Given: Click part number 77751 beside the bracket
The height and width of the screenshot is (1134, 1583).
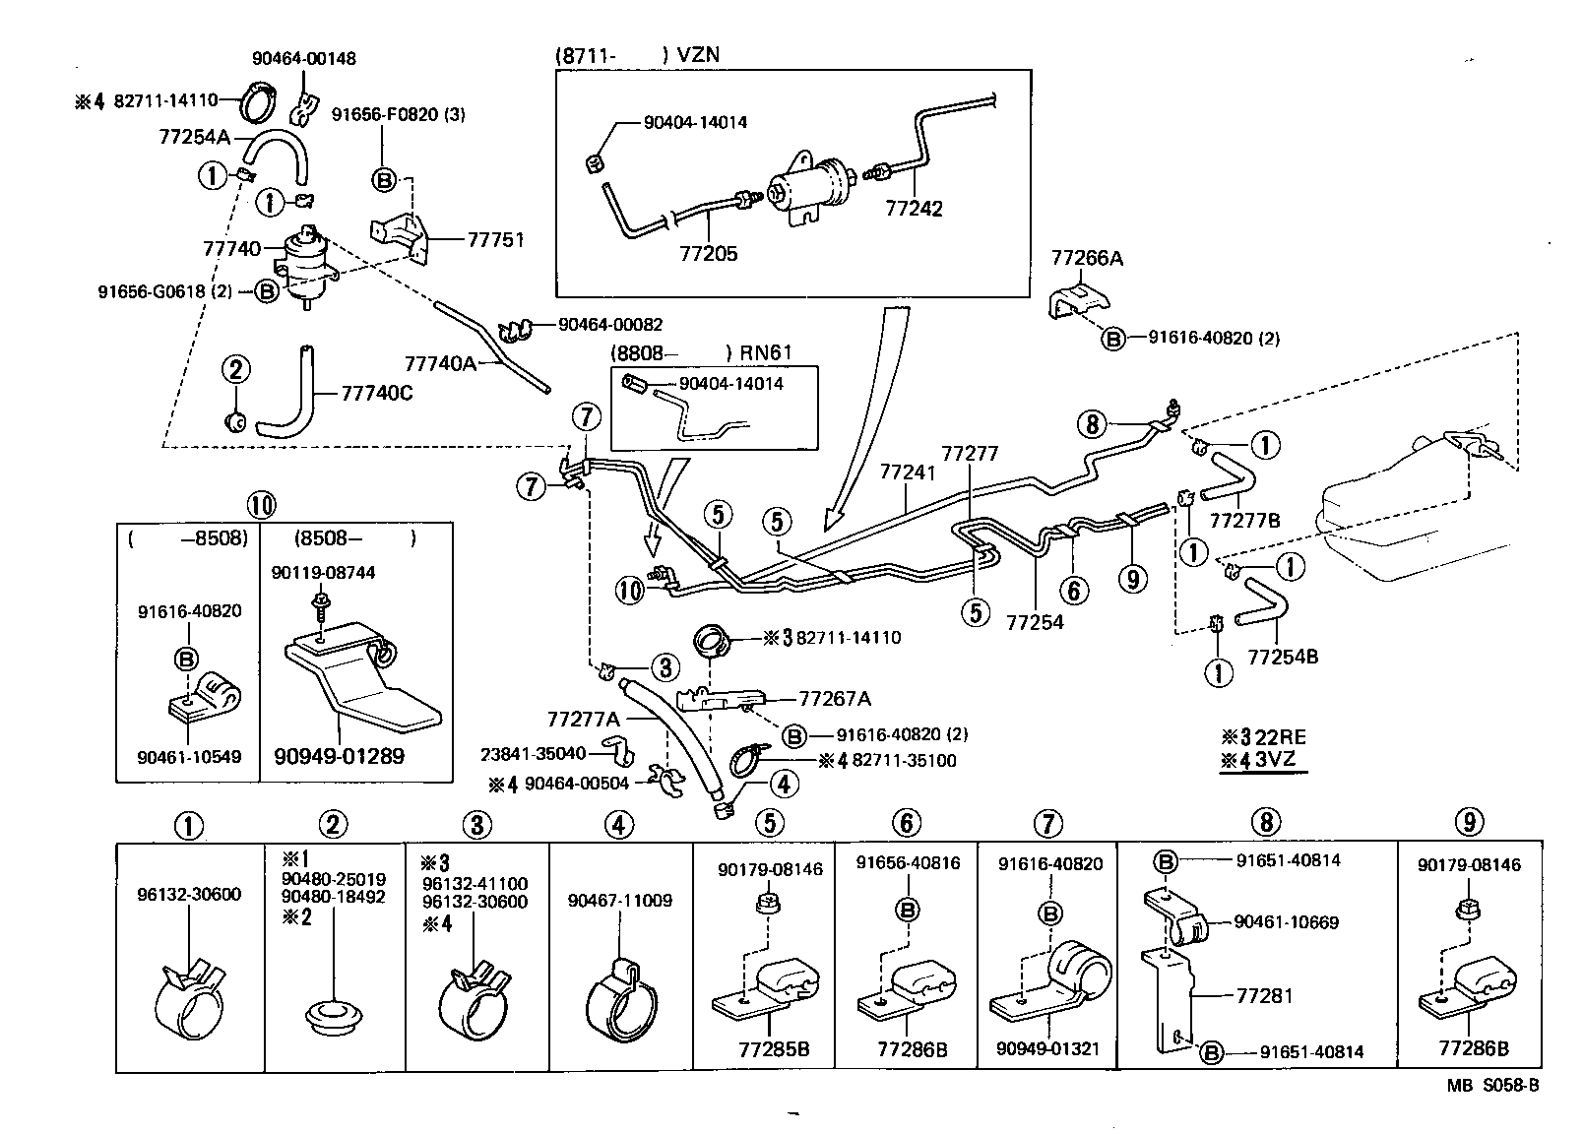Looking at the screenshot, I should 495,239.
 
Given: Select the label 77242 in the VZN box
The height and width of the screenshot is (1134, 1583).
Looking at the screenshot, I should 914,209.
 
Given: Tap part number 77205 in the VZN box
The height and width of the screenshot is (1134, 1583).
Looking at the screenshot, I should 708,254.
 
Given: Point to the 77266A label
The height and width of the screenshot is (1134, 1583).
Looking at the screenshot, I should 1087,259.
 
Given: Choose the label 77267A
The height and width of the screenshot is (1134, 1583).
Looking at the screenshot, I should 835,699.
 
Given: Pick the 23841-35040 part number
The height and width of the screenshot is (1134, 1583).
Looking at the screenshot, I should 533,754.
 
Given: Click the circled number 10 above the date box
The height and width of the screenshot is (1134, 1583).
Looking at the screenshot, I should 260,506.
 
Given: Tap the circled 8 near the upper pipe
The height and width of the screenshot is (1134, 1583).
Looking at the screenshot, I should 1091,424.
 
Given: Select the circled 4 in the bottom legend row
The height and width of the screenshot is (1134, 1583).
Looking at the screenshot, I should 618,824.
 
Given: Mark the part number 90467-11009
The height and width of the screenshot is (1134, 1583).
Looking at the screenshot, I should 620,901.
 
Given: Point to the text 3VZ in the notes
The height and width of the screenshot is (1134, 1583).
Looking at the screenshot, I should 1279,760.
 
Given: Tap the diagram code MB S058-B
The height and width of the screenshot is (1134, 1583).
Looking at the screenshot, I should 1492,1086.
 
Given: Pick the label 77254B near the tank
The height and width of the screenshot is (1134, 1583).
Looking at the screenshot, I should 1283,657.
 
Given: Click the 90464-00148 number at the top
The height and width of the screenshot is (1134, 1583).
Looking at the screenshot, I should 304,58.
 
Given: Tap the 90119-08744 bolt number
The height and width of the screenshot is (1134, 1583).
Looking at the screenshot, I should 324,573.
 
